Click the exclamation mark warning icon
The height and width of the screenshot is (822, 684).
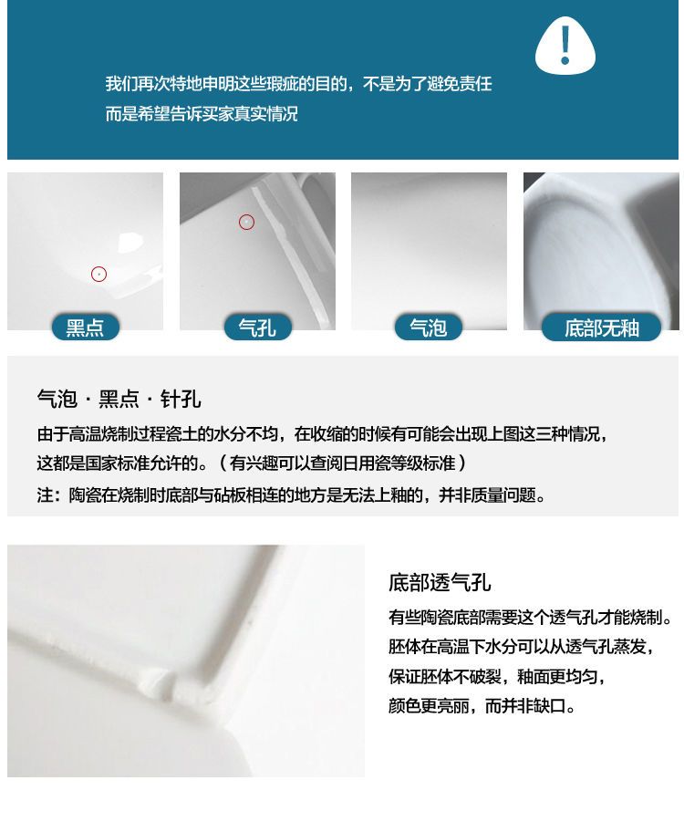tap(565, 45)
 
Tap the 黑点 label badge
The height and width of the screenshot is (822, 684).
tap(86, 328)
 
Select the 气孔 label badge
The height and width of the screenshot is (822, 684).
tap(257, 328)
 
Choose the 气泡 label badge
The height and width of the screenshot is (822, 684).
tap(429, 328)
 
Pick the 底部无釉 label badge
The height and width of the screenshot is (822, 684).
tap(601, 328)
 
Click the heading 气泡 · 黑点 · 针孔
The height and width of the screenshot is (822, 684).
tap(119, 399)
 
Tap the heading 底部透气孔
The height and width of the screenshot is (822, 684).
tap(440, 582)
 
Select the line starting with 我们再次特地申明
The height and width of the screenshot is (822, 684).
tap(298, 84)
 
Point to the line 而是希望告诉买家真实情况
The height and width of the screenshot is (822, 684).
tap(202, 113)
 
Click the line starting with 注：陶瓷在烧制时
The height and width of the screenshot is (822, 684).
tap(292, 494)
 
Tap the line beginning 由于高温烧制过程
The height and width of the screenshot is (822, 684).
tap(323, 433)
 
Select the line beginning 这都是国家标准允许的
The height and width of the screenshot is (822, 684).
tap(252, 463)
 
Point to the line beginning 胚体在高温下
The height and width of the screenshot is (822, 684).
tap(522, 647)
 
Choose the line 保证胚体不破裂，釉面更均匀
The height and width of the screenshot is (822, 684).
tap(497, 676)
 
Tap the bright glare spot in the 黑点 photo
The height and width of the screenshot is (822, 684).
tap(130, 244)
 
